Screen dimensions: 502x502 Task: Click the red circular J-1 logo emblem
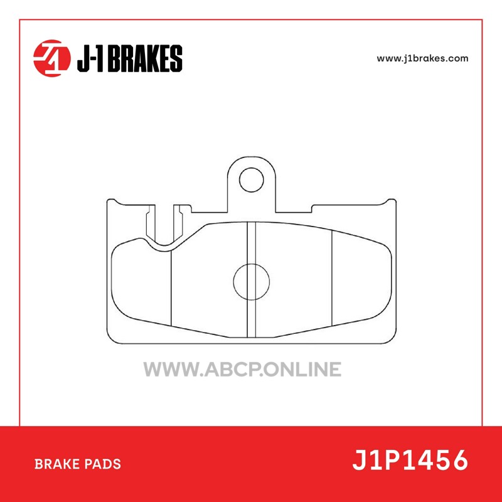(x=52, y=58)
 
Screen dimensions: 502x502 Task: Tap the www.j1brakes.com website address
(x=422, y=58)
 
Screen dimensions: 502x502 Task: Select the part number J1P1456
(x=410, y=460)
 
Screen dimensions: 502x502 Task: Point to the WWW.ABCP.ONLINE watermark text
(x=242, y=369)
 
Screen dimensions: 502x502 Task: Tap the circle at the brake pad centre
(x=252, y=264)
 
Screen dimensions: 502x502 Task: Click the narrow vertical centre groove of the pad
(x=252, y=279)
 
